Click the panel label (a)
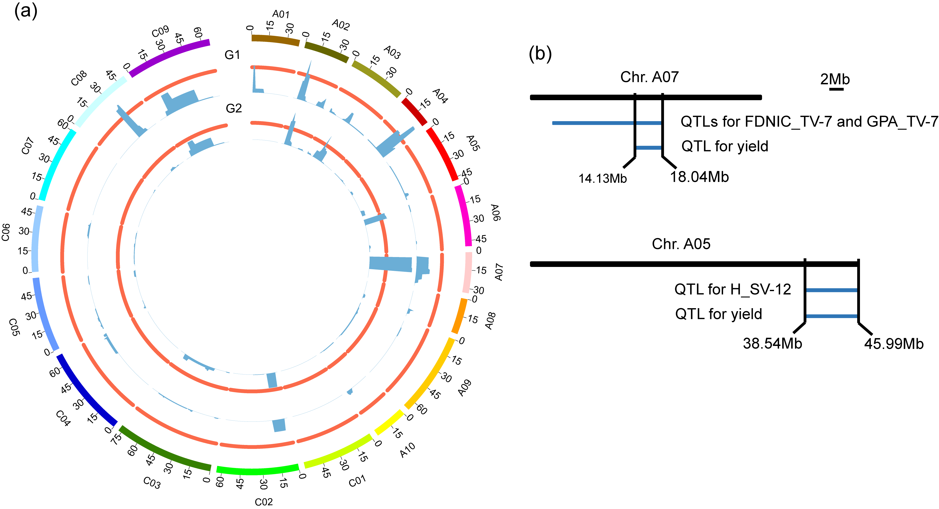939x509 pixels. (x=26, y=11)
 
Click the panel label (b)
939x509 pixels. (x=540, y=54)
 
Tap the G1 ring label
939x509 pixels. (x=232, y=55)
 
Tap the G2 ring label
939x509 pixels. (x=234, y=108)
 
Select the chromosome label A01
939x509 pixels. (x=281, y=14)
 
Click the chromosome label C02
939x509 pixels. (x=264, y=502)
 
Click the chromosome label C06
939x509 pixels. (x=6, y=232)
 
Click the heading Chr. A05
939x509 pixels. (x=681, y=244)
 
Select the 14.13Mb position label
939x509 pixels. (x=603, y=178)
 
